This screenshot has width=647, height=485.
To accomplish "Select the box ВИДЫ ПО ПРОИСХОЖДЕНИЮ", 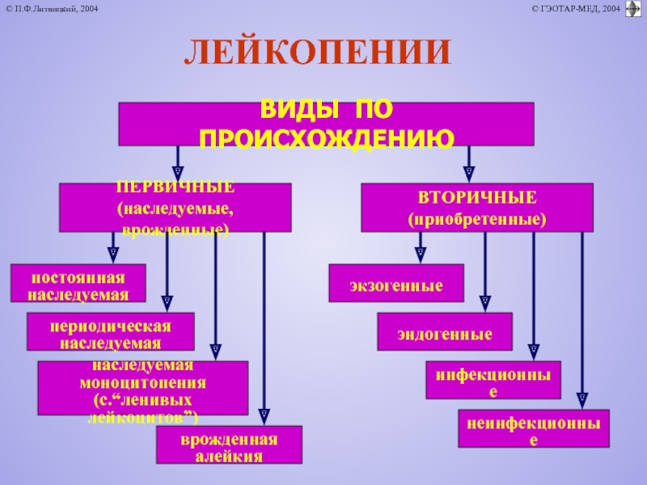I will (x=326, y=124).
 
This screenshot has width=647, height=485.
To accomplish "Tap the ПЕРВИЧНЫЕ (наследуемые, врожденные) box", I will (x=175, y=208).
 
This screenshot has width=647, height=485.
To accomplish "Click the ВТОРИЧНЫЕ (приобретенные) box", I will (x=476, y=208).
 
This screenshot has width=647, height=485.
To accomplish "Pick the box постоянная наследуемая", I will (x=78, y=285).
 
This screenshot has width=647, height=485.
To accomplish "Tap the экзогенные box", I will (x=396, y=284).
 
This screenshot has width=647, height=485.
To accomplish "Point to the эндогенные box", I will (x=445, y=332).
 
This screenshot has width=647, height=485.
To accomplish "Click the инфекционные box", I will (x=493, y=380).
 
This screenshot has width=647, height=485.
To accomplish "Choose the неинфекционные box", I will (x=534, y=428).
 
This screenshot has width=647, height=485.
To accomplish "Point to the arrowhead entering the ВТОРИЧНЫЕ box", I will (x=467, y=172).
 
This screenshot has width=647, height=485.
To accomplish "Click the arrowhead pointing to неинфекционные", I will (x=581, y=398).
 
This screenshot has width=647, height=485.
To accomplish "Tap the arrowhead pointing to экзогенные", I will (x=421, y=253).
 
